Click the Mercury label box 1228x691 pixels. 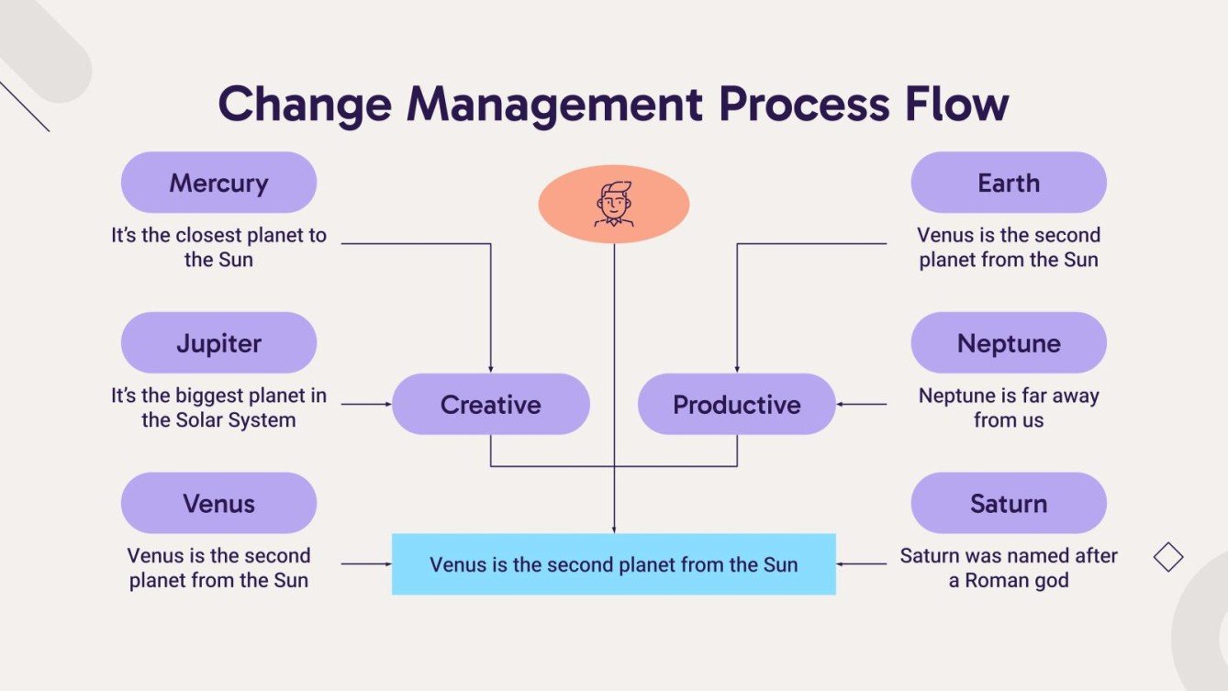click(218, 183)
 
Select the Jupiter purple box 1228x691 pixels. click(218, 343)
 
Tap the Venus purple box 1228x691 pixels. click(218, 503)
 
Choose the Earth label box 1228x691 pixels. click(1008, 183)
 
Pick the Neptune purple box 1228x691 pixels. click(1008, 343)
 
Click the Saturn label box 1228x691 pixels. click(1008, 503)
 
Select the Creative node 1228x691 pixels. click(490, 404)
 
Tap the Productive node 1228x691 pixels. click(736, 404)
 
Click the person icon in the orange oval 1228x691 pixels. click(613, 204)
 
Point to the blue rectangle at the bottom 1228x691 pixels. click(613, 564)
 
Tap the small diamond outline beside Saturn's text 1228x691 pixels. click(1167, 557)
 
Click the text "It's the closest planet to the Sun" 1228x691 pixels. click(218, 247)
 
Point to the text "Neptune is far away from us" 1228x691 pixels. click(1008, 407)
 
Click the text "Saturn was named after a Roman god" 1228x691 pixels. click(1008, 568)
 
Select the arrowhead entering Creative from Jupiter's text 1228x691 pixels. click(387, 404)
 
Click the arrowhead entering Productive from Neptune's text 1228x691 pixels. click(841, 404)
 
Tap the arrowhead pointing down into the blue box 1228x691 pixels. click(613, 529)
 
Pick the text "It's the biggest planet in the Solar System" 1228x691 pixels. click(218, 407)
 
